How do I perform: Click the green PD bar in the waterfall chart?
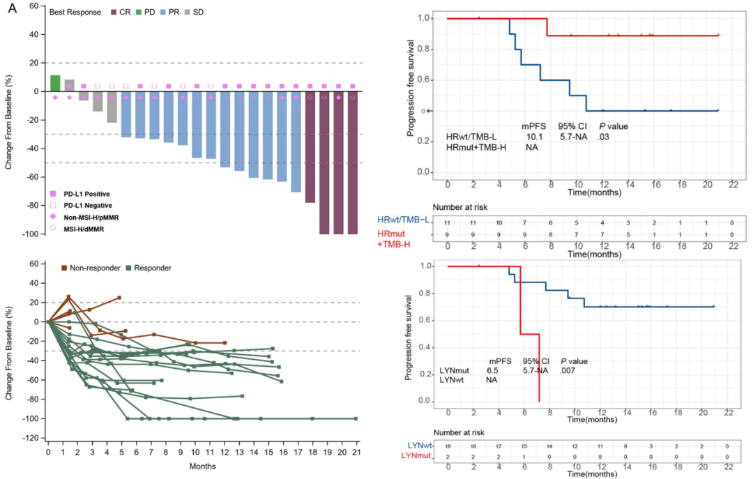[55, 83]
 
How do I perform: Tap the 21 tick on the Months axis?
[356, 451]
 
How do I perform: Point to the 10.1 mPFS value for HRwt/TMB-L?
[535, 137]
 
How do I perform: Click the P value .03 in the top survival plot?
[604, 137]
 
